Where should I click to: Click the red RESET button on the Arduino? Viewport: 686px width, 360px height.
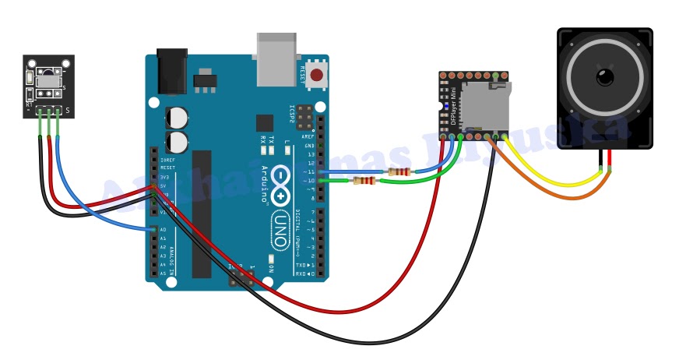tap(316, 75)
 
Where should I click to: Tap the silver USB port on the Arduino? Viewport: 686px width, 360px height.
tap(276, 59)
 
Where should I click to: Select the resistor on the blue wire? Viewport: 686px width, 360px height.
tap(399, 171)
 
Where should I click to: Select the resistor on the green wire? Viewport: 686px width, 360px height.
tap(364, 182)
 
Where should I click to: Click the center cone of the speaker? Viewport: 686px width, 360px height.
tap(604, 76)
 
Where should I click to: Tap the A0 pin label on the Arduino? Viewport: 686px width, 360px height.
tap(163, 230)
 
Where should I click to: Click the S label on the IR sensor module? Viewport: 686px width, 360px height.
tap(68, 111)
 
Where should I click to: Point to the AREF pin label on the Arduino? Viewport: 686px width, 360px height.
tap(309, 136)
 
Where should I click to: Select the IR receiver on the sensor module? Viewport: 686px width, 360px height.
tap(47, 79)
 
